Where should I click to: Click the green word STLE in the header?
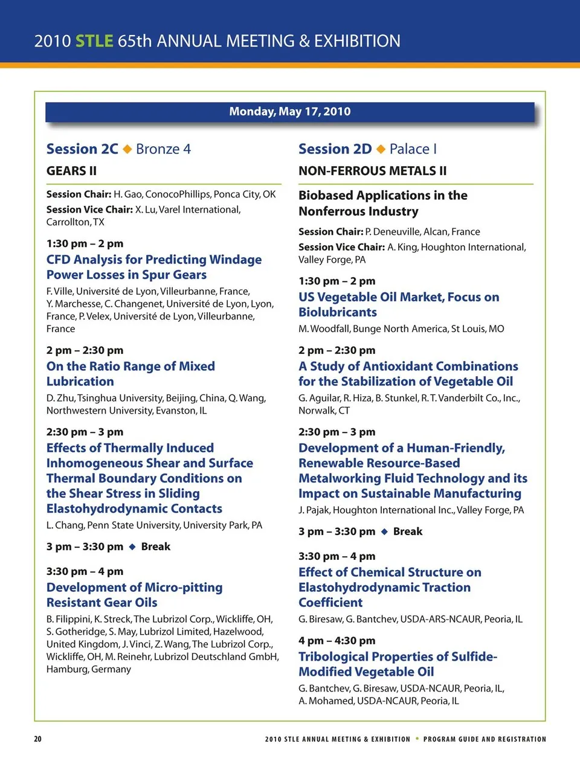(94, 41)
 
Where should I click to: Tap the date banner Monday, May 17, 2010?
(290, 112)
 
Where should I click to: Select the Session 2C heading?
(82, 149)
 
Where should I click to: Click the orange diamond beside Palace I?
(381, 149)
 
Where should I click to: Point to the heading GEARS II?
(71, 171)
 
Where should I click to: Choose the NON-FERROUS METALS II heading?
(372, 171)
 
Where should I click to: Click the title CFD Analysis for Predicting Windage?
(154, 260)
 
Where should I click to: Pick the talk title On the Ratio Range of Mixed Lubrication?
(130, 374)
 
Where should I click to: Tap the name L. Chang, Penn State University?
(154, 525)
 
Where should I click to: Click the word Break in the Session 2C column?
(156, 547)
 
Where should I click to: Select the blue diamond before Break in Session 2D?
(384, 532)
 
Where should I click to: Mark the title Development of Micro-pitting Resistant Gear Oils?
(134, 595)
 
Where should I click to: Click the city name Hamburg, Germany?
(89, 669)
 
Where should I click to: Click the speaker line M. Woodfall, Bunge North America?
(401, 329)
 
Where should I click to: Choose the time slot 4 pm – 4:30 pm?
(337, 641)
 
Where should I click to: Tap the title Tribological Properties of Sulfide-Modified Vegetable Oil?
(398, 664)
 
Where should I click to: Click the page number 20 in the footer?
(37, 739)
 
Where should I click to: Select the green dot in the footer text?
(417, 739)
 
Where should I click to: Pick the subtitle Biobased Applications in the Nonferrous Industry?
(382, 204)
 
